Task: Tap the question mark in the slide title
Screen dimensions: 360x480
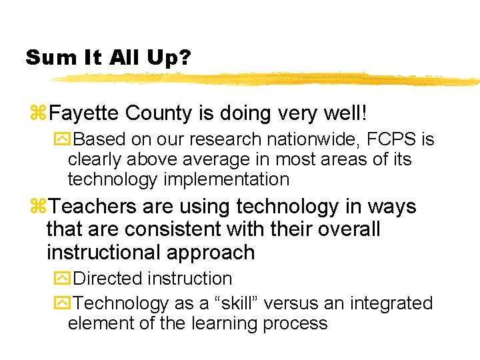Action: click(x=184, y=57)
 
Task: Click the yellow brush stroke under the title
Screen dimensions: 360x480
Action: click(x=267, y=79)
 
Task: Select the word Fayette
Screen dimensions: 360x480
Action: click(x=87, y=113)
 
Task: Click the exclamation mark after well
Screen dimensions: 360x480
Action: click(x=363, y=113)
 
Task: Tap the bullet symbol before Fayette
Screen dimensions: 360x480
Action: click(x=39, y=114)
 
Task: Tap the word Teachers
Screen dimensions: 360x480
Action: click(x=91, y=207)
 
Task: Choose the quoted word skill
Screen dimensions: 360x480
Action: click(x=230, y=303)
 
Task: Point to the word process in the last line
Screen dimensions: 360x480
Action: click(x=295, y=324)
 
